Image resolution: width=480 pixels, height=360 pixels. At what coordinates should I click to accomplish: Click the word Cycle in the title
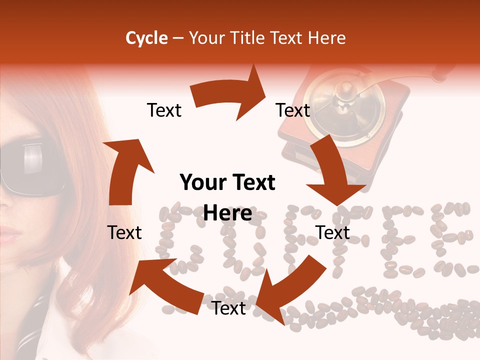[146, 38]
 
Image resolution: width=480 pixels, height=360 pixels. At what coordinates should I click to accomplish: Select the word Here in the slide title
[327, 38]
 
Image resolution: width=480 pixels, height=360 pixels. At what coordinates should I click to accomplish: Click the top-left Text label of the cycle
[164, 110]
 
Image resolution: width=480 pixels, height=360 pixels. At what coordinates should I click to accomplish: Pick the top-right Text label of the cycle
[293, 110]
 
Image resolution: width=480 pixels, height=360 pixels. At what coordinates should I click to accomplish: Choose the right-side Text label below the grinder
[332, 232]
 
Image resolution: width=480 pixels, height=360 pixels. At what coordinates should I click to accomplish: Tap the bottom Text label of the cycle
[228, 308]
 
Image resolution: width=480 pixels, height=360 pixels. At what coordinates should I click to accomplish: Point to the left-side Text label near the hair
[125, 232]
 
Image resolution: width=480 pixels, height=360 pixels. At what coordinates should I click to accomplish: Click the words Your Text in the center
[227, 183]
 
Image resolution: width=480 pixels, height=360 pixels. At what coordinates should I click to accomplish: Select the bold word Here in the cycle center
[227, 213]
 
